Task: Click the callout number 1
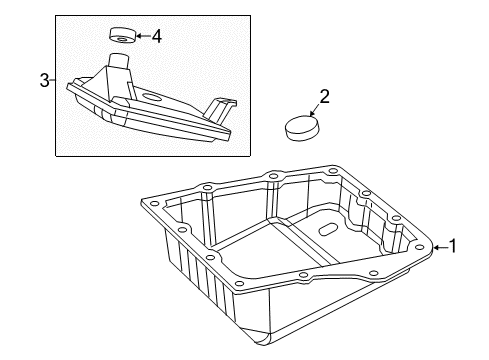coord(452,246)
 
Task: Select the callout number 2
coord(325,97)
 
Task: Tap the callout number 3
coord(45,80)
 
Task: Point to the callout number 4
coord(157,36)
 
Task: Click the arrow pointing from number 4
coord(143,36)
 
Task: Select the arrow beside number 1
coord(440,247)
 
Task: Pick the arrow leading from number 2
coord(315,109)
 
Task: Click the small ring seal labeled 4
coord(123,36)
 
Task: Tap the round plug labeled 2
coord(302,128)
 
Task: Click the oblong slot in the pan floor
coord(328,230)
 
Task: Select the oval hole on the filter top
coord(152,98)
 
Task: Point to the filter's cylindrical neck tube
coord(120,61)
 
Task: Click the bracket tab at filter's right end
coord(221,110)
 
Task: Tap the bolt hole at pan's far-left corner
coord(153,203)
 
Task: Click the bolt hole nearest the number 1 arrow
coord(418,247)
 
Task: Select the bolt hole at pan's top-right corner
coord(333,171)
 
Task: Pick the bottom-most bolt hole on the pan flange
coord(239,284)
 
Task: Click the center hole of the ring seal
coord(122,40)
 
